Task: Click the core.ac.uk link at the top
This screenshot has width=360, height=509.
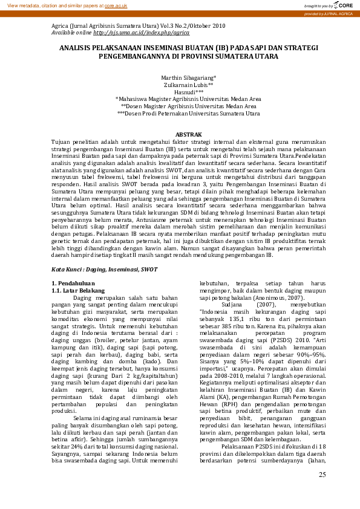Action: pyautogui.click(x=116, y=5)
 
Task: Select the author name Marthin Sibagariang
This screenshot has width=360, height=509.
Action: pyautogui.click(x=188, y=79)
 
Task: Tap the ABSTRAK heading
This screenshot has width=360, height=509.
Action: pyautogui.click(x=188, y=134)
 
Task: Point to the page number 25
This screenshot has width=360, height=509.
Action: pyautogui.click(x=322, y=491)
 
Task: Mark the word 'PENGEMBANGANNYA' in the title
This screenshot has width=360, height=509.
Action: pyautogui.click(x=133, y=56)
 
